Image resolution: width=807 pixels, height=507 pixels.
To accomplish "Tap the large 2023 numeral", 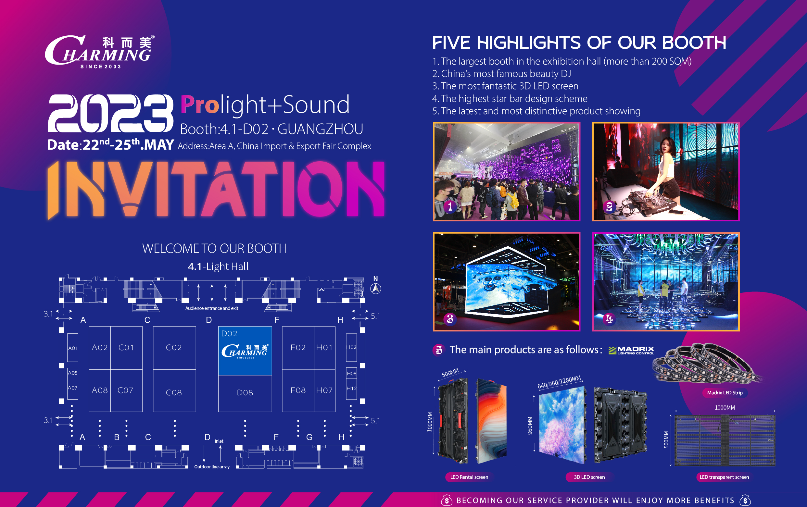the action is [111, 113].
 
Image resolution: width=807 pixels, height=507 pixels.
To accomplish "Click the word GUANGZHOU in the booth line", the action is [320, 129].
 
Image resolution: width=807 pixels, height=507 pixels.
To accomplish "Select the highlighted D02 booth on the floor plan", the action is [245, 351].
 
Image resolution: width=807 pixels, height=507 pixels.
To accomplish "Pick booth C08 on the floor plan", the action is [174, 392].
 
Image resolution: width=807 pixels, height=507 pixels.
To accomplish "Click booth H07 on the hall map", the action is [324, 390].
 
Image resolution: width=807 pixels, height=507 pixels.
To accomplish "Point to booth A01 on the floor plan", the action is [73, 348].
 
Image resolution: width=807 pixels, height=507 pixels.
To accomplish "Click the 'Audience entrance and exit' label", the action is [212, 308].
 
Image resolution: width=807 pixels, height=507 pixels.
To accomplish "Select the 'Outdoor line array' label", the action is [212, 467].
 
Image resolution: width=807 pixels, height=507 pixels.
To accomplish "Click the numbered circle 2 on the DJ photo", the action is [609, 207].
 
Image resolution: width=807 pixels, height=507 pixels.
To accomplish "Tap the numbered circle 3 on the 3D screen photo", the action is [450, 319].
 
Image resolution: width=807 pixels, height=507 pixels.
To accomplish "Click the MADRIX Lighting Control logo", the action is [631, 350].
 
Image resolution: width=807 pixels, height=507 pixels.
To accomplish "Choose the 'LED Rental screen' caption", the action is [469, 477].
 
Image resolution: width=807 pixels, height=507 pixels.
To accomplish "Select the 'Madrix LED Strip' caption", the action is [725, 393].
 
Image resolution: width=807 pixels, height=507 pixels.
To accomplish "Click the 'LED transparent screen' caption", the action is [724, 477].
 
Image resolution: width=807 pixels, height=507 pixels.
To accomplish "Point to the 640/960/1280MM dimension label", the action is [559, 382].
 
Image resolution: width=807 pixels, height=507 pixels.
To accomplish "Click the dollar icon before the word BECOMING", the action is [447, 500].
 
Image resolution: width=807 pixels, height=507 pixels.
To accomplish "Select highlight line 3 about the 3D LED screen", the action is [505, 86].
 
